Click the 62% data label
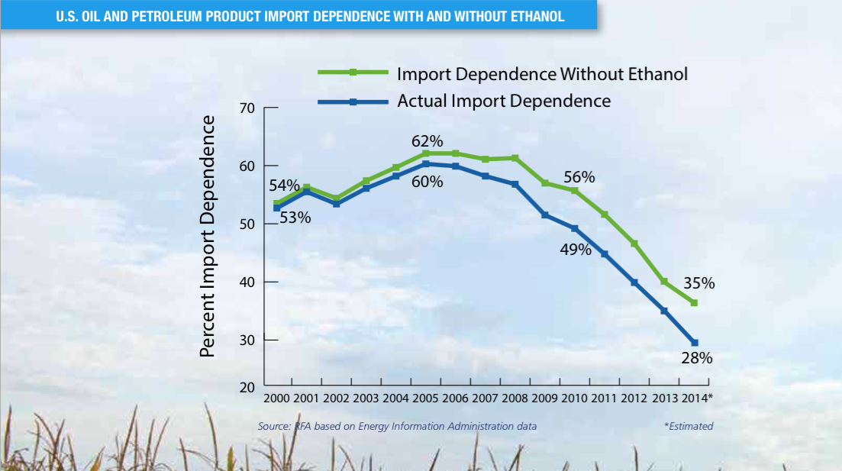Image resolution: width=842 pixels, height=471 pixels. (427, 141)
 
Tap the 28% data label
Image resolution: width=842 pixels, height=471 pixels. (696, 358)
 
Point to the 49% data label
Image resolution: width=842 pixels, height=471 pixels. (576, 250)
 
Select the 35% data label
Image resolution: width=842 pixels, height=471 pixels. (698, 283)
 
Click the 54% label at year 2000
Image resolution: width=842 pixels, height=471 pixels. (284, 185)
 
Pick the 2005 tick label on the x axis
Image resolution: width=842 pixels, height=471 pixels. (425, 398)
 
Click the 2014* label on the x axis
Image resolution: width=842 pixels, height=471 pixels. (697, 398)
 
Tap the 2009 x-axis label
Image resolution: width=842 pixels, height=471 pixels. (544, 398)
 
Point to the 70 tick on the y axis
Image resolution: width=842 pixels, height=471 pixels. (247, 108)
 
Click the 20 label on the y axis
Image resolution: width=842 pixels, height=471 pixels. (247, 388)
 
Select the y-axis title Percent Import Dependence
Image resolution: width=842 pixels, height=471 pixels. (208, 237)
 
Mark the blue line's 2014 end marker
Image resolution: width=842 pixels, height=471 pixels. (695, 343)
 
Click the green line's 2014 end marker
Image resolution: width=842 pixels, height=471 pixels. (695, 303)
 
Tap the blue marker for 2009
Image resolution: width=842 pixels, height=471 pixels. (545, 215)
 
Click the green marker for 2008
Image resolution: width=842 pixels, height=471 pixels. (515, 159)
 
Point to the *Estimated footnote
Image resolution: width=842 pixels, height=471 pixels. (689, 427)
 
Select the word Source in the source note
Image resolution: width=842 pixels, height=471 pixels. (274, 427)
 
